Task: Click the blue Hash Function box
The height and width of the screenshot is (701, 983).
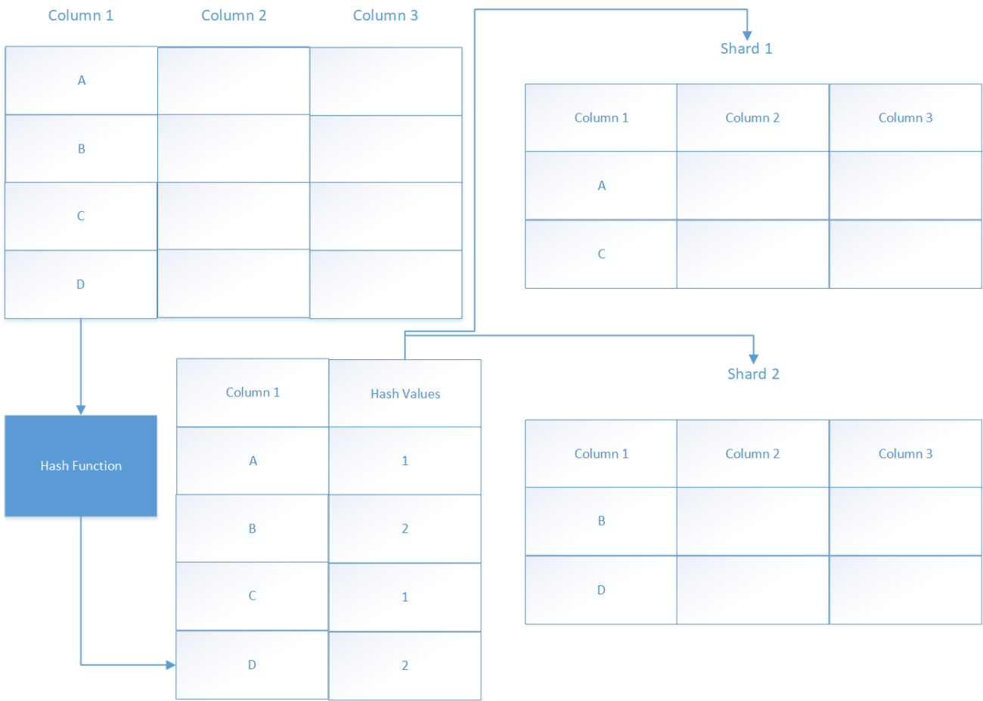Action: pyautogui.click(x=81, y=466)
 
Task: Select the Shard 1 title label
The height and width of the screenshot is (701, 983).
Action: pyautogui.click(x=746, y=48)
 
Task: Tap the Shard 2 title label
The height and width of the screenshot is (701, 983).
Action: pyautogui.click(x=753, y=374)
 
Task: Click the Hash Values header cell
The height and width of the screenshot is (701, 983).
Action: pyautogui.click(x=405, y=393)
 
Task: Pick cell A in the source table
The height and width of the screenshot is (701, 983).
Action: pyautogui.click(x=81, y=80)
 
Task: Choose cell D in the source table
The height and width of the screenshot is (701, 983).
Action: pyautogui.click(x=81, y=284)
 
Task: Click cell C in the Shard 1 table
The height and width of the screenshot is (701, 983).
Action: pyautogui.click(x=601, y=254)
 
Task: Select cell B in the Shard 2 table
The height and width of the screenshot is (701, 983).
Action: pyautogui.click(x=601, y=521)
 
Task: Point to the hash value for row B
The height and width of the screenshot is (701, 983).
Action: pyautogui.click(x=405, y=529)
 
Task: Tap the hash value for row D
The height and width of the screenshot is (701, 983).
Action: pyautogui.click(x=405, y=665)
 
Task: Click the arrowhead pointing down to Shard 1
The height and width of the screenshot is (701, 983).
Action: pyautogui.click(x=747, y=35)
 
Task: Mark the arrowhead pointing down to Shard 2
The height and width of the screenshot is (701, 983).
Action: pyautogui.click(x=753, y=359)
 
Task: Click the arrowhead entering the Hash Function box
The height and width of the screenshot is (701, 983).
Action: pyautogui.click(x=81, y=410)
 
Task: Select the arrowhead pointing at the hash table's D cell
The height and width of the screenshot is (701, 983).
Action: pyautogui.click(x=171, y=665)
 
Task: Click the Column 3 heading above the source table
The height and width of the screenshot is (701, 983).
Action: pyautogui.click(x=385, y=15)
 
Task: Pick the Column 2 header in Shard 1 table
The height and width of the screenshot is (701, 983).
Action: pyautogui.click(x=752, y=118)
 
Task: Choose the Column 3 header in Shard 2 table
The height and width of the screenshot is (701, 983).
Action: pyautogui.click(x=905, y=454)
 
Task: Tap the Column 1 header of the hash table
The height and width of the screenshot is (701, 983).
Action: pyautogui.click(x=253, y=392)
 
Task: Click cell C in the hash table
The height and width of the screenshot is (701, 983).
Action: pyautogui.click(x=253, y=596)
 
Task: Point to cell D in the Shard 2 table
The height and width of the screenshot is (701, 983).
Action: pyautogui.click(x=601, y=590)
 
